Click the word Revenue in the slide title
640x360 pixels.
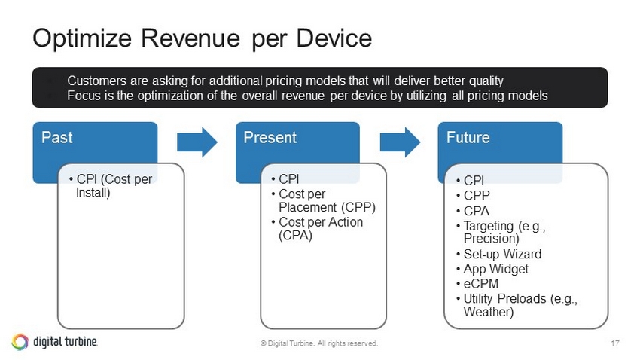pos(190,38)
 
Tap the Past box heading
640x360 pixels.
pos(56,138)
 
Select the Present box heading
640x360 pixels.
pos(270,138)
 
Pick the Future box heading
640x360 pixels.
pos(468,138)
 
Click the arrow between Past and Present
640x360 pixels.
pos(197,142)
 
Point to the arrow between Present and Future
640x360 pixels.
pos(400,142)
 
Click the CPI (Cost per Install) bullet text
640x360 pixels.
pos(114,186)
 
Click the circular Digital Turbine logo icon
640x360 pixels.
pos(20,342)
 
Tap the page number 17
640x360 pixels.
pos(614,343)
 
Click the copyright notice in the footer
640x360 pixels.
pos(319,343)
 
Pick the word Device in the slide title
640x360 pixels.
pos(334,38)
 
